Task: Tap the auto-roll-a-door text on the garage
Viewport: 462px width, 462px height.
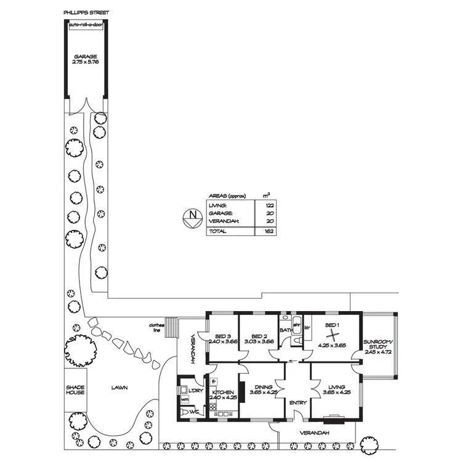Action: tap(86, 26)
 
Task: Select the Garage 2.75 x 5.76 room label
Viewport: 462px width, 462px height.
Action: tap(85, 59)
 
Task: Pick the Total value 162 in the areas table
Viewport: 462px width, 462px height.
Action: tap(269, 231)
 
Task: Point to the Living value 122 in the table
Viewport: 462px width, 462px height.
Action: tap(269, 205)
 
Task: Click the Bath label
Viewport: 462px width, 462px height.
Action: tap(286, 330)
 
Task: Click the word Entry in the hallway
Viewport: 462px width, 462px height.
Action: tap(298, 403)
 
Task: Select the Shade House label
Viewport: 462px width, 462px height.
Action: tap(75, 389)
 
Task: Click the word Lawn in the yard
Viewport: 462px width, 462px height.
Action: tap(119, 388)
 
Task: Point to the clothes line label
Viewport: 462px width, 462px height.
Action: tap(156, 328)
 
